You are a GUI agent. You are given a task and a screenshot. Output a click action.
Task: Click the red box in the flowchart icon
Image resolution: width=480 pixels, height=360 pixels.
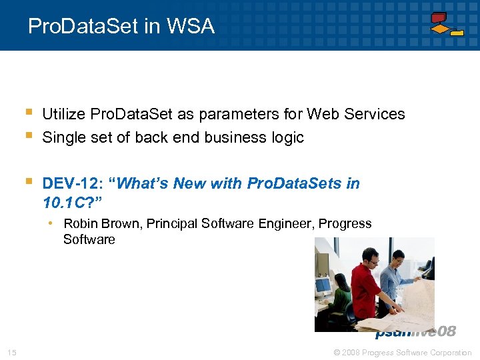(439, 17)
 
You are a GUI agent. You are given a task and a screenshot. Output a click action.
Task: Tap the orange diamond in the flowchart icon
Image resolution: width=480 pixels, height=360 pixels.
(440, 29)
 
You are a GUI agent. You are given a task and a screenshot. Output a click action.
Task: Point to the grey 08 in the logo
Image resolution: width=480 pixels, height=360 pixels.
(446, 332)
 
